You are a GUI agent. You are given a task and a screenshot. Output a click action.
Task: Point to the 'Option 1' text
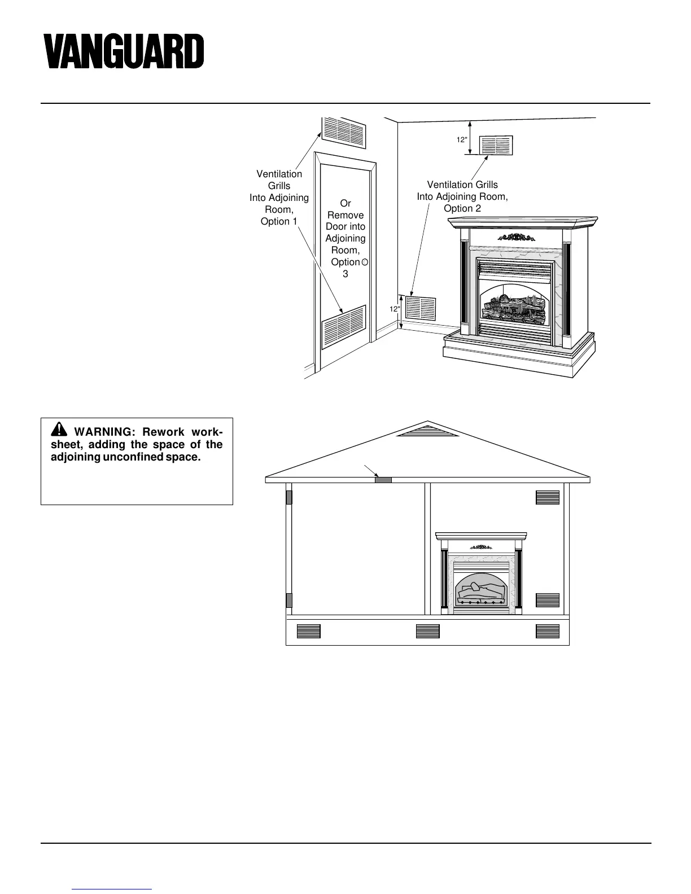click(279, 221)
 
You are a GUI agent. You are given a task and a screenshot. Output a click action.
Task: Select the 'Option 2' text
click(462, 208)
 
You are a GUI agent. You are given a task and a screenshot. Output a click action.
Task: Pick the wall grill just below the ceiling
click(496, 145)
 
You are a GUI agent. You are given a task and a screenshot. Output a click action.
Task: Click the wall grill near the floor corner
click(421, 308)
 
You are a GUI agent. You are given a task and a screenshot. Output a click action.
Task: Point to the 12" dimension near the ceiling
click(462, 139)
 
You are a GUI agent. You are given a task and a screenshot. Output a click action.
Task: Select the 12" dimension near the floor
click(394, 309)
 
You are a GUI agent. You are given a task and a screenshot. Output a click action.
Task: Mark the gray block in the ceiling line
click(383, 480)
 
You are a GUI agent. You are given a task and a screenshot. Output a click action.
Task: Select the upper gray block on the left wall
click(289, 497)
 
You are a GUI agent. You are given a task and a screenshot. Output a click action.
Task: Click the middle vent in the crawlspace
click(427, 631)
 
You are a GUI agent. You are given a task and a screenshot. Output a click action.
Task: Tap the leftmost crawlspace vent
click(308, 631)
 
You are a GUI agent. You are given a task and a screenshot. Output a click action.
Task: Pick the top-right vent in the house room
click(547, 497)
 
